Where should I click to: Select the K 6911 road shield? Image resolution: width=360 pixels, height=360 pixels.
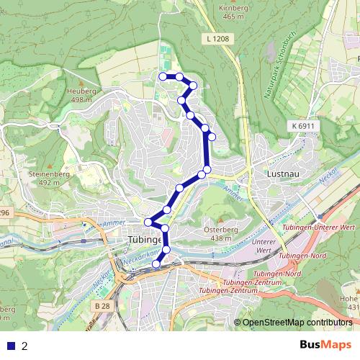(303, 126)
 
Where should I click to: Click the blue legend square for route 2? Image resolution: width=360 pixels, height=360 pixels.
(11, 346)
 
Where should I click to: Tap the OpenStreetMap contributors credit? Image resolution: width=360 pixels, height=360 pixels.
(297, 323)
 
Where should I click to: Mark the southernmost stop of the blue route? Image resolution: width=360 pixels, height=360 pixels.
(156, 264)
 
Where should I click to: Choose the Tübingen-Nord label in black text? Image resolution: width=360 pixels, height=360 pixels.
(310, 256)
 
